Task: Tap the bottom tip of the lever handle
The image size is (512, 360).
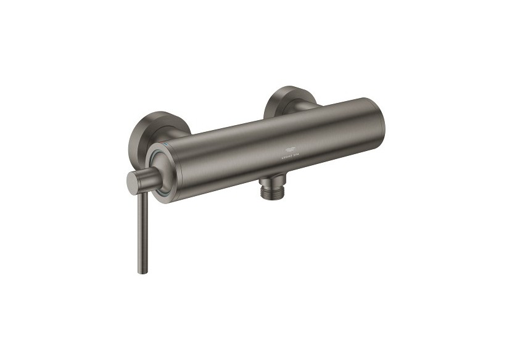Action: pos(141,272)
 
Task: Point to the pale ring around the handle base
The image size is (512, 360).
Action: pos(152,158)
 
